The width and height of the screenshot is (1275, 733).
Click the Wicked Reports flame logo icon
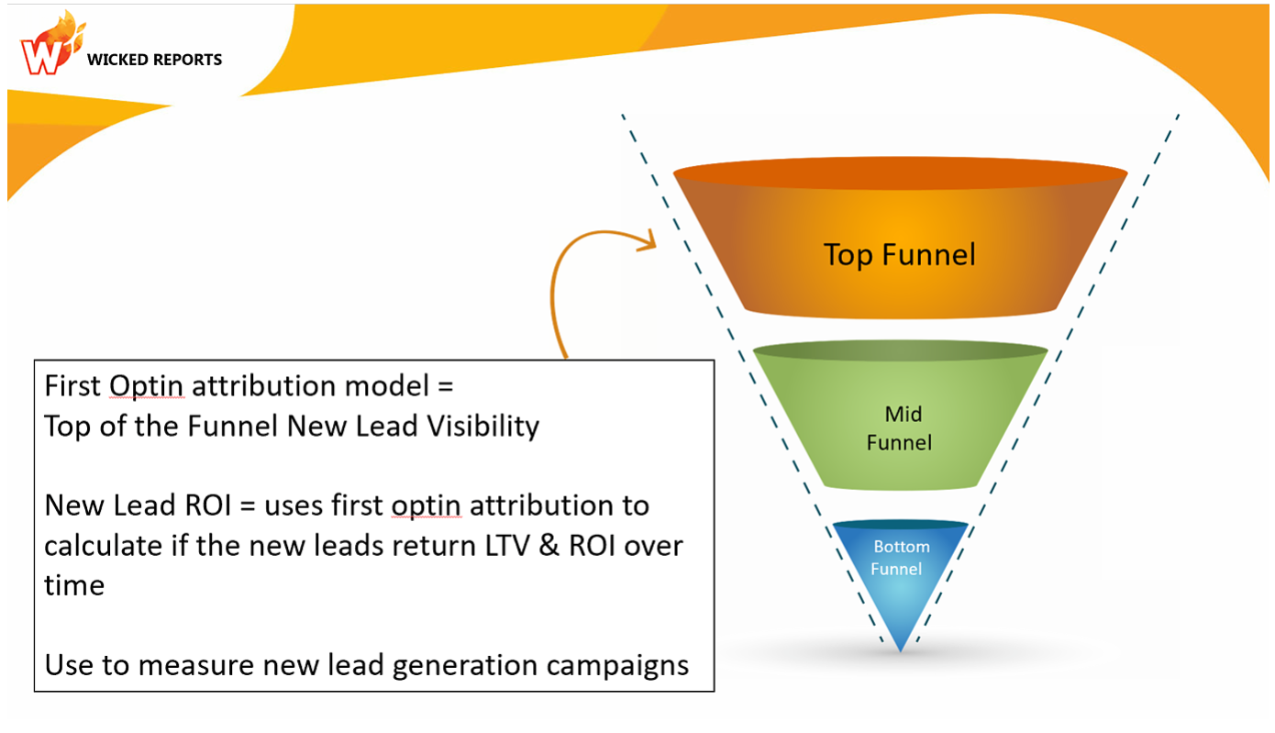46,44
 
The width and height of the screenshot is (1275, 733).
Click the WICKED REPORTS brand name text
154,60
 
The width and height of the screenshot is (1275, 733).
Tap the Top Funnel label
899,254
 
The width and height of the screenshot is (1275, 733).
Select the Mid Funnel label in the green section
899,429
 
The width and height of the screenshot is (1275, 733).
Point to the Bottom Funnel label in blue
900,558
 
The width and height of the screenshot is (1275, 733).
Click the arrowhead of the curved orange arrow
649,241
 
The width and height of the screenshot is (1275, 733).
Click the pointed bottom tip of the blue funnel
900,648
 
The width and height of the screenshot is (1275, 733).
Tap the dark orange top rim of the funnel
900,176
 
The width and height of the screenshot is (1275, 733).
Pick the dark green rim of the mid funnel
900,350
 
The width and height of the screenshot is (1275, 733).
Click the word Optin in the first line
147,386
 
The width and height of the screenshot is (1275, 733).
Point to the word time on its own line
74,584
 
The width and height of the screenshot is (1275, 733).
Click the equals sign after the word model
445,386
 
